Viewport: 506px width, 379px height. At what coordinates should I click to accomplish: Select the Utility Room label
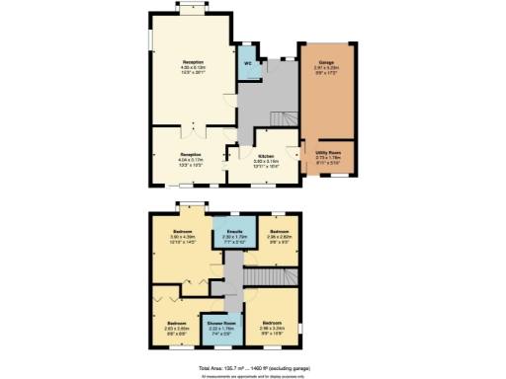click(x=329, y=153)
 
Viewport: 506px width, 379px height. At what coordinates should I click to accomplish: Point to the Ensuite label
click(x=233, y=234)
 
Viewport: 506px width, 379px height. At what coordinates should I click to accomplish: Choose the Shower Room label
click(x=220, y=322)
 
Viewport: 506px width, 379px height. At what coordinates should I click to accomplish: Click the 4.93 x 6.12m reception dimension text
click(x=193, y=67)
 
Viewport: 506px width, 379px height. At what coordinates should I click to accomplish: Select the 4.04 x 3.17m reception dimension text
click(x=192, y=159)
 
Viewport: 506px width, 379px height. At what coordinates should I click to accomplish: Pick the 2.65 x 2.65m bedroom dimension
click(x=177, y=328)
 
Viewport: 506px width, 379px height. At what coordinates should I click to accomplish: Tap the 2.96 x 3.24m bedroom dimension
click(x=273, y=328)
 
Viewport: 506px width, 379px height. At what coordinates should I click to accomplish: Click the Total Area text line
click(x=252, y=365)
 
